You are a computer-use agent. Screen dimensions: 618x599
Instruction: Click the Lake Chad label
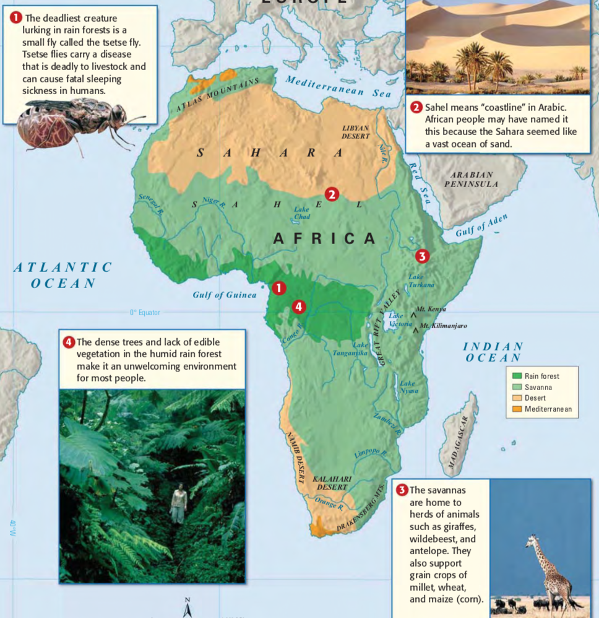point(301,213)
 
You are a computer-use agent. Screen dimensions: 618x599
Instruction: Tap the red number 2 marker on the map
point(332,194)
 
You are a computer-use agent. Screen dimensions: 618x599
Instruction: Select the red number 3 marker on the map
point(421,255)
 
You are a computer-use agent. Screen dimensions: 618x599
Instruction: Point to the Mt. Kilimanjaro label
point(443,326)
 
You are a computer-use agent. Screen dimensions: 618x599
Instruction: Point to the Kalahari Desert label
point(332,483)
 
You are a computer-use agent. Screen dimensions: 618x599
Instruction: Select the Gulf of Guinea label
point(224,295)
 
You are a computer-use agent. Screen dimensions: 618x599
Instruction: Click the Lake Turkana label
point(421,281)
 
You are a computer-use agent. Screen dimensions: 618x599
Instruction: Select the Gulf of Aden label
point(482,225)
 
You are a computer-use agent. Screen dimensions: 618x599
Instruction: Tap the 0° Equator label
point(145,313)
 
